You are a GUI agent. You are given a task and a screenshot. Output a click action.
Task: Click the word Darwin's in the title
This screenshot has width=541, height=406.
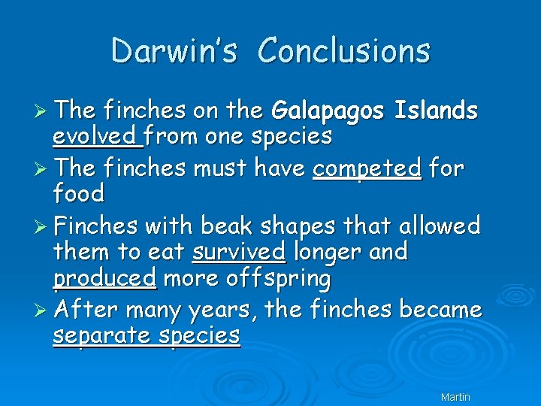(x=174, y=51)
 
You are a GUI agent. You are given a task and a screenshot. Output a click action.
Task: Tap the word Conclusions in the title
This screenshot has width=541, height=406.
(x=344, y=51)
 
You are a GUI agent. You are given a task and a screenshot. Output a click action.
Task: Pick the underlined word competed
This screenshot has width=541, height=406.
(x=367, y=168)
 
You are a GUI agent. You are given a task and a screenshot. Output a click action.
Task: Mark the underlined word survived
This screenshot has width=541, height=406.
(x=238, y=251)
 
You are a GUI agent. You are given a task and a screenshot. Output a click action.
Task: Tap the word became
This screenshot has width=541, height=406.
(x=440, y=308)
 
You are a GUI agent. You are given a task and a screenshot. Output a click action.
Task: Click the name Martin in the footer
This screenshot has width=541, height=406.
(x=455, y=396)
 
